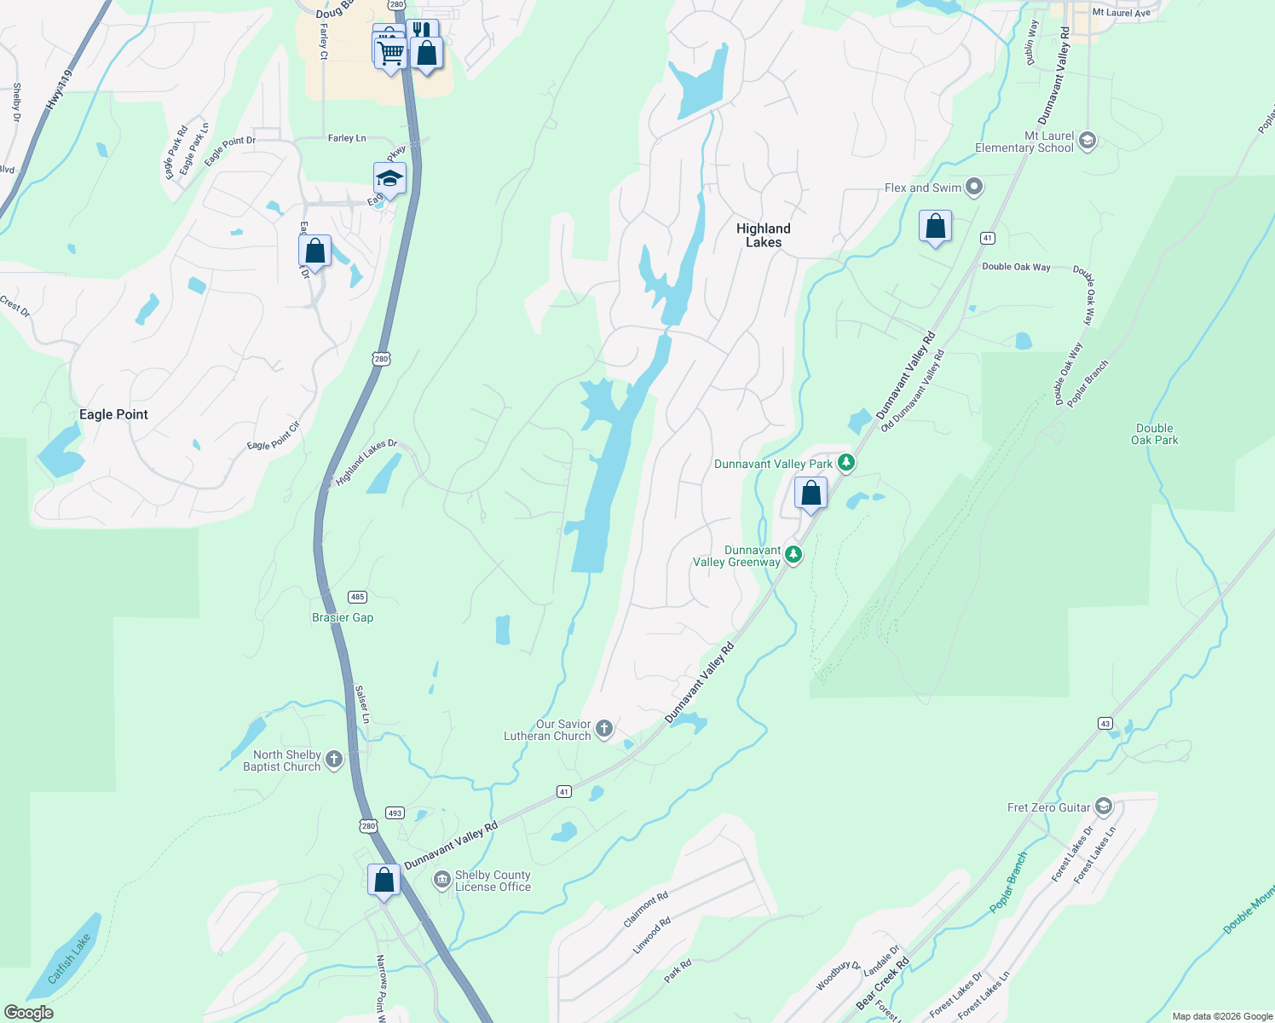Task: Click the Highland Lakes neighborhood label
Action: pos(763,235)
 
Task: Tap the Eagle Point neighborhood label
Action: pos(113,414)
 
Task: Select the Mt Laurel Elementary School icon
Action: pos(1087,141)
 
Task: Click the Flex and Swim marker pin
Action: pos(975,188)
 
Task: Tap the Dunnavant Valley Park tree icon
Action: pos(845,463)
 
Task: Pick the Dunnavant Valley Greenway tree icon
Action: pos(793,556)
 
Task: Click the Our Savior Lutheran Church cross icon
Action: pos(604,729)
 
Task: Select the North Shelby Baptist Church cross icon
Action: pos(334,760)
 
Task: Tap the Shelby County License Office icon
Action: pos(441,880)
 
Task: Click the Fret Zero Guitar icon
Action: pos(1104,806)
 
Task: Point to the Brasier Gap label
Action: pos(343,617)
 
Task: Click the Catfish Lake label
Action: pos(69,959)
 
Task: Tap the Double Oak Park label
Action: pos(1154,434)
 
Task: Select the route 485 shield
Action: pos(357,597)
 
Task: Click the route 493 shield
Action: pos(394,812)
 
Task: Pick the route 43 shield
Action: pos(1105,723)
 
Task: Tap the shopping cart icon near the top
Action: pos(390,54)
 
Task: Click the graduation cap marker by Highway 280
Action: pos(389,179)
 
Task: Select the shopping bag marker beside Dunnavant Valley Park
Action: pos(811,493)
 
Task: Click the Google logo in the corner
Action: pos(29,1013)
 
